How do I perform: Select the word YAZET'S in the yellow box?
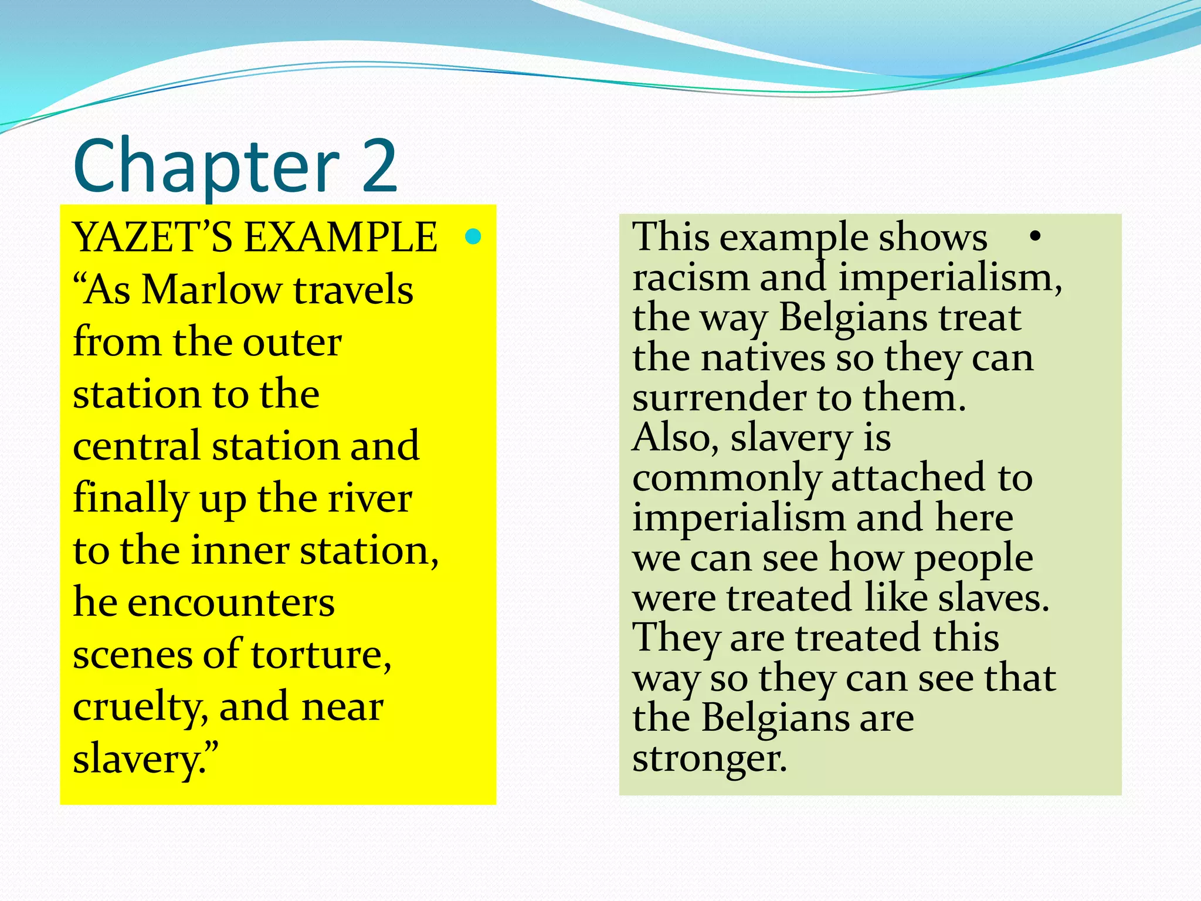tap(152, 238)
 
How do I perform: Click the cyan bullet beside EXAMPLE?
tap(473, 236)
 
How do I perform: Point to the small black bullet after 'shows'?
tap(1034, 236)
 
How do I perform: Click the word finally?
tap(130, 499)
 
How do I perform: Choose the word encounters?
tap(231, 603)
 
